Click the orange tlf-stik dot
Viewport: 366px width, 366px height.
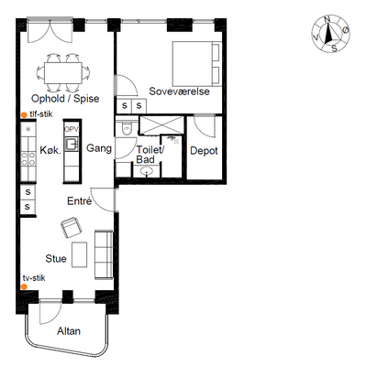(x=24, y=115)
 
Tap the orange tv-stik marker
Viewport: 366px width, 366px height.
(x=24, y=286)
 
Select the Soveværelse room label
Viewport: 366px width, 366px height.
(x=179, y=91)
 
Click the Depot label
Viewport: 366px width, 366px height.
(x=204, y=151)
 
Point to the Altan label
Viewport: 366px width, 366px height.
(x=69, y=331)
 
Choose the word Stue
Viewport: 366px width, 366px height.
(x=56, y=259)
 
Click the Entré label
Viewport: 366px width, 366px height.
(x=79, y=200)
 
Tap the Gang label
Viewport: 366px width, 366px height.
(x=99, y=148)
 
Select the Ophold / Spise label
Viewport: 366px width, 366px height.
(x=65, y=99)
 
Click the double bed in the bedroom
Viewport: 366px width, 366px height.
(x=197, y=64)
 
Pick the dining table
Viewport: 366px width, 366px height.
(x=63, y=73)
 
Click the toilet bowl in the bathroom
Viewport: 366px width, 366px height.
(x=127, y=128)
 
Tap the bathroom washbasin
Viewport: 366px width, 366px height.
(x=148, y=171)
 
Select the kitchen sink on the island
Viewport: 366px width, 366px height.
(x=72, y=145)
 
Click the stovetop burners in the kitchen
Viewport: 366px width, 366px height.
(x=28, y=159)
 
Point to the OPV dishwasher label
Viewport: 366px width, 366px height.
(x=72, y=129)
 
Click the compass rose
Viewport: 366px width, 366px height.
(x=330, y=34)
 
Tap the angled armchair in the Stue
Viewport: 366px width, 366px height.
(x=72, y=228)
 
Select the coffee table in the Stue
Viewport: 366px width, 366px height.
(x=79, y=255)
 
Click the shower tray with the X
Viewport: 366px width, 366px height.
(x=161, y=124)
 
